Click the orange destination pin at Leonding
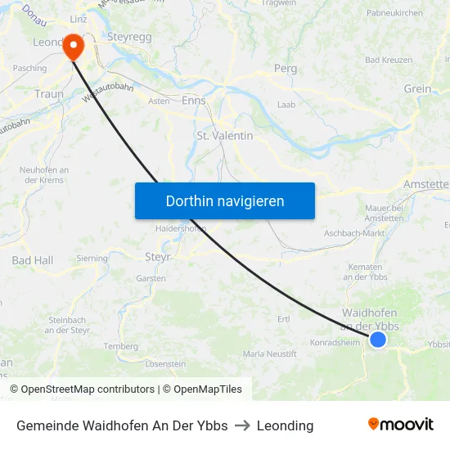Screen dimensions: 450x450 [x=74, y=46]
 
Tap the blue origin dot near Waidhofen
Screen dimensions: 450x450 [x=378, y=339]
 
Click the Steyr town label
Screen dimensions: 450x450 [x=157, y=256]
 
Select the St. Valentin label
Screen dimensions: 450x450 [x=225, y=136]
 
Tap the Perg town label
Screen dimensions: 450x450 [x=285, y=69]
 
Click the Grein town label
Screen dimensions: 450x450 [x=417, y=88]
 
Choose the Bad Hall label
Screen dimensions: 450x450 [x=33, y=260]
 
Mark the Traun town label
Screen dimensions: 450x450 [x=49, y=94]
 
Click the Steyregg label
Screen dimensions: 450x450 [x=130, y=38]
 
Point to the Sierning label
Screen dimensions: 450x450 [x=92, y=259]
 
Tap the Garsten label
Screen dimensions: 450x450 [x=151, y=278]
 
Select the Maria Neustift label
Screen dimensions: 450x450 [x=270, y=353]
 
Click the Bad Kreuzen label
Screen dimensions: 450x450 [x=389, y=61]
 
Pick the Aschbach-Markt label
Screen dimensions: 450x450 [x=354, y=233]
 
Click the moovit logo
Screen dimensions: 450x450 [x=401, y=425]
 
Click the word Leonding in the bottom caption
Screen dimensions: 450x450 [x=285, y=425]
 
